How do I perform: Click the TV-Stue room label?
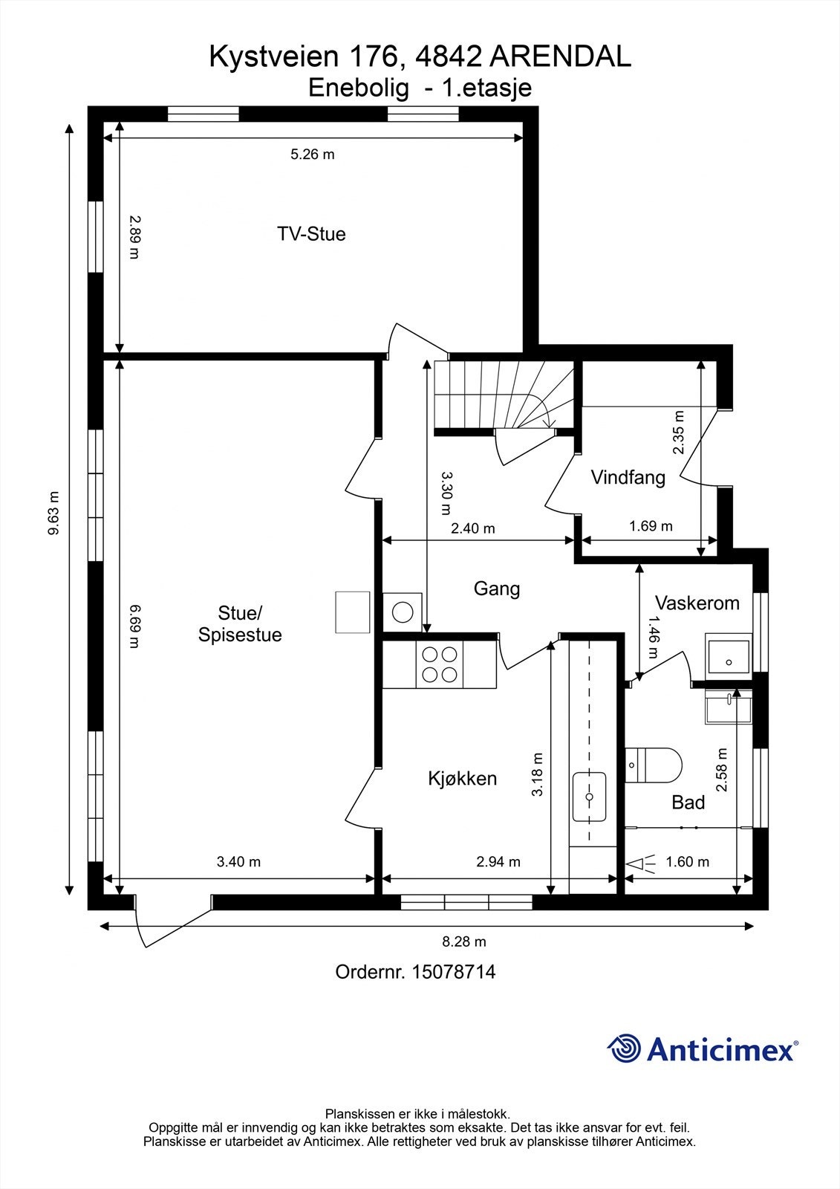click(x=311, y=234)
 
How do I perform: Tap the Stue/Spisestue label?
click(x=240, y=623)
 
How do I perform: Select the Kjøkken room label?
click(x=462, y=779)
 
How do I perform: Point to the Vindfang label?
click(x=628, y=478)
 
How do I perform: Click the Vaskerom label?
click(x=697, y=603)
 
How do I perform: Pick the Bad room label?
click(x=688, y=802)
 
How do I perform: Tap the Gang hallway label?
click(x=497, y=589)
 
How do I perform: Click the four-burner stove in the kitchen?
click(x=440, y=664)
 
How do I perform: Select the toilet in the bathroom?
click(x=654, y=765)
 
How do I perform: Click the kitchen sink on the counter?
click(x=589, y=796)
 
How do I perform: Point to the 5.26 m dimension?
click(x=313, y=155)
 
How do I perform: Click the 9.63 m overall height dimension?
click(x=53, y=513)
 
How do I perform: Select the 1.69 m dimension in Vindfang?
click(x=651, y=526)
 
